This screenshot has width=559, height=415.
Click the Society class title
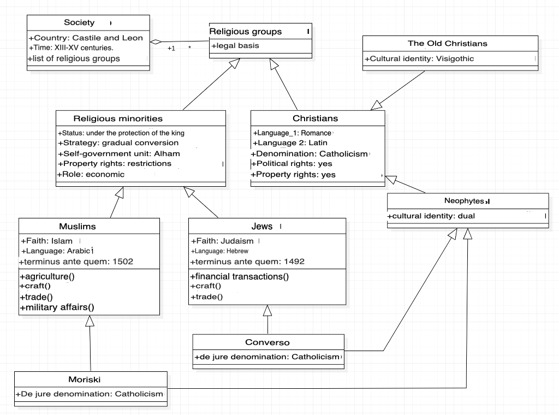click(79, 22)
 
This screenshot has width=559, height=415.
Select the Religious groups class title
click(245, 31)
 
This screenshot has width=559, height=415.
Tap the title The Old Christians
click(448, 44)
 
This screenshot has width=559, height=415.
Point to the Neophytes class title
click(464, 201)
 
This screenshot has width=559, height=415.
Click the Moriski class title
click(85, 380)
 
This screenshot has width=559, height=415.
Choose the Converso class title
click(267, 342)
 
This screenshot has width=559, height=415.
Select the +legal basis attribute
click(235, 46)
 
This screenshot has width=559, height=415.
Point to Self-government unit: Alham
click(119, 153)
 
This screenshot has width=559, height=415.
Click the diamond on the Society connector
click(156, 41)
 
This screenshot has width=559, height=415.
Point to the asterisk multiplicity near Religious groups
click(189, 47)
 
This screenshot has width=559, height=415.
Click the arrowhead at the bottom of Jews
click(267, 311)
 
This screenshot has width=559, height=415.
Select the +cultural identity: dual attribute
click(431, 216)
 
